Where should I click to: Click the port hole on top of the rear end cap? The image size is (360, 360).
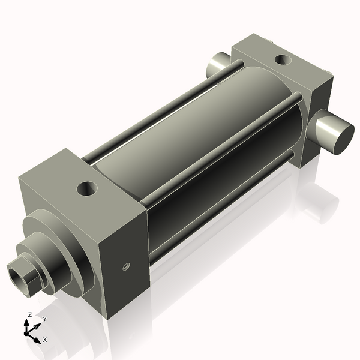(x=282, y=60)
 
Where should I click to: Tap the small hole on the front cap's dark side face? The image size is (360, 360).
(x=126, y=265)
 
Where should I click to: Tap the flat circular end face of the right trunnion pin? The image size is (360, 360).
(x=336, y=133)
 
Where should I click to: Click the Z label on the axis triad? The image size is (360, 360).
(x=29, y=315)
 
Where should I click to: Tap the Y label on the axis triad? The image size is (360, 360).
(x=44, y=319)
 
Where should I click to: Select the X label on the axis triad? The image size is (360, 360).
(x=45, y=340)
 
